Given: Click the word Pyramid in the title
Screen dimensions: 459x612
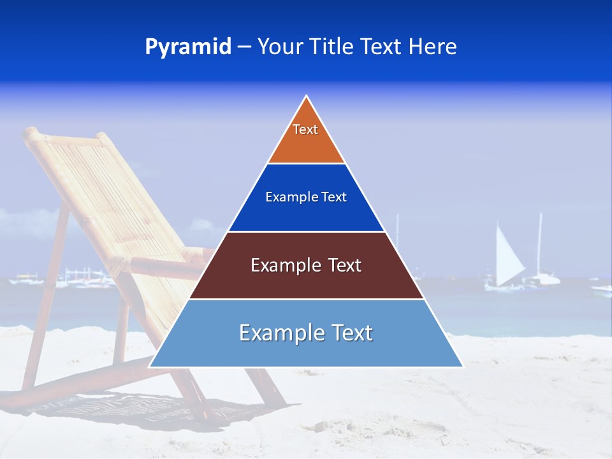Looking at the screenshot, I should [x=188, y=47].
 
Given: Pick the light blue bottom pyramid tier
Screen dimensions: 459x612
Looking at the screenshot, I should [x=306, y=351].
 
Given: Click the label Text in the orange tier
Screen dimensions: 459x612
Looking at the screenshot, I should [x=305, y=129].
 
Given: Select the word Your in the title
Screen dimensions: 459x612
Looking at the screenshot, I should [x=279, y=47].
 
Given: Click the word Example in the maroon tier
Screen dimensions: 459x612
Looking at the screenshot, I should [x=283, y=265].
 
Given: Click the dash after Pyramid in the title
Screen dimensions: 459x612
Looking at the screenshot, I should [x=244, y=47].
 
